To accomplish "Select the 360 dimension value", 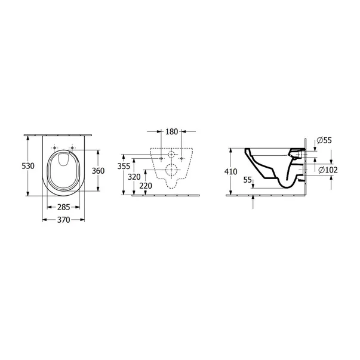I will pyautogui.click(x=98, y=170).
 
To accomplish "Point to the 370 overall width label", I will pyautogui.click(x=63, y=220).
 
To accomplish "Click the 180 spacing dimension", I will pyautogui.click(x=171, y=131).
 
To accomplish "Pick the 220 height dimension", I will pyautogui.click(x=146, y=186).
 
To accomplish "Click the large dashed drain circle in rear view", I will pyautogui.click(x=171, y=170).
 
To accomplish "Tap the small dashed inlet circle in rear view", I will pyautogui.click(x=171, y=153).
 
